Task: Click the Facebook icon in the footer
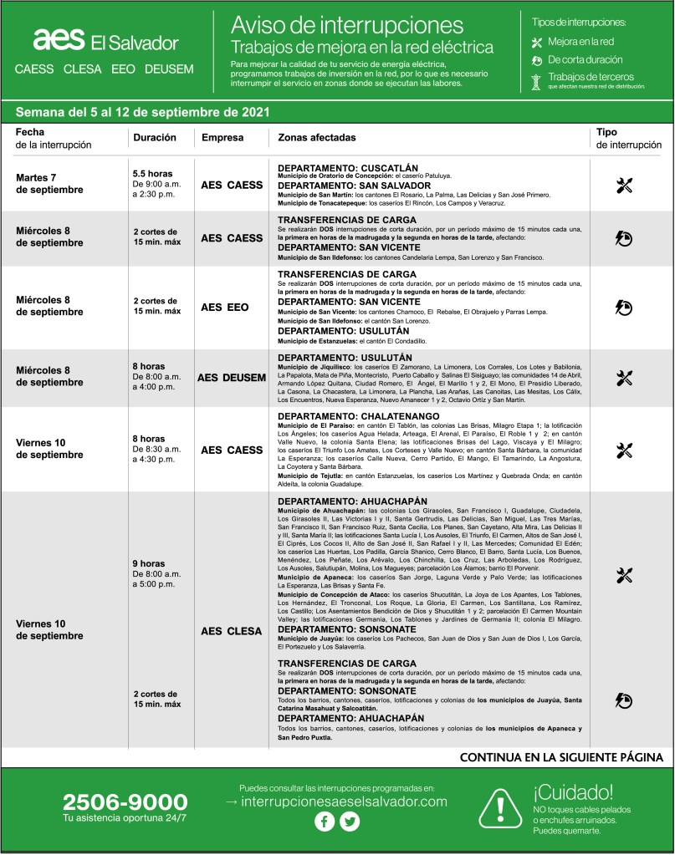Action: (x=324, y=822)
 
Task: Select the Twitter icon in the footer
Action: (x=350, y=822)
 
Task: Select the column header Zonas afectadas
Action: (x=316, y=137)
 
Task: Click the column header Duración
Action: (x=154, y=137)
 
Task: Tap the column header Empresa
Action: (x=221, y=137)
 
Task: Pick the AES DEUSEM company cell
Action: (x=231, y=378)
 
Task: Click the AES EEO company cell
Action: (x=225, y=308)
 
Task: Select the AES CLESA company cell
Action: (x=232, y=631)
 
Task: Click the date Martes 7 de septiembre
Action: (x=50, y=184)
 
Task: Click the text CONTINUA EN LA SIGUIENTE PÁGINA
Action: (x=561, y=757)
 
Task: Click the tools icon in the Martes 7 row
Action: (x=623, y=186)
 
